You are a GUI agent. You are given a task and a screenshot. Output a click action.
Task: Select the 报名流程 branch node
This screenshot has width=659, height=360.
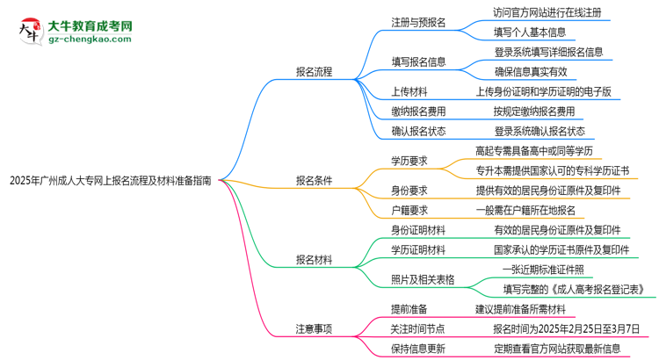pos(314,72)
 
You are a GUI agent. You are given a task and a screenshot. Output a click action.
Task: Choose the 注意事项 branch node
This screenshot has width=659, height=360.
pos(314,328)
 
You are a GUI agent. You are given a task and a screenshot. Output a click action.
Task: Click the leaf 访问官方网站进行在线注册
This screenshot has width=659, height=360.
pos(548,12)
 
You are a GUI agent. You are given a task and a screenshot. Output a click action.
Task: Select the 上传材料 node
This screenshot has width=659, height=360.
pos(409,90)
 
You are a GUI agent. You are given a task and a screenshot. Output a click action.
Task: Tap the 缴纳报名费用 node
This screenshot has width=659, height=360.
pos(418,111)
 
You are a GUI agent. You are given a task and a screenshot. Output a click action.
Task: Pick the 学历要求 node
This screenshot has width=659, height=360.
pos(409,160)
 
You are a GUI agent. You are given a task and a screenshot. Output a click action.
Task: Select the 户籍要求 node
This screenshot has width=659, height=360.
pos(409,210)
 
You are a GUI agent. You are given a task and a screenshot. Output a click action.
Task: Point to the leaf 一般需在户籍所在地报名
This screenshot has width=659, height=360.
pos(525,210)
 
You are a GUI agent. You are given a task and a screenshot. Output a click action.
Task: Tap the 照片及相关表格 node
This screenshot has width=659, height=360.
pos(423,279)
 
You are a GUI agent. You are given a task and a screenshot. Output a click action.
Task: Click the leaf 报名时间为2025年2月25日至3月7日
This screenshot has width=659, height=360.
pos(567,328)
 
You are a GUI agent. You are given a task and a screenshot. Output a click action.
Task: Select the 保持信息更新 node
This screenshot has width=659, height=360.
pos(418,348)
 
